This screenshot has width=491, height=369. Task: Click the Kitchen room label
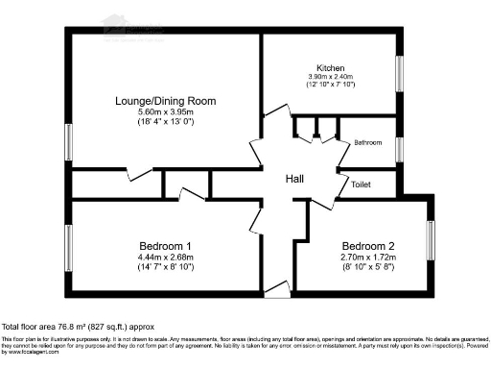point(332,68)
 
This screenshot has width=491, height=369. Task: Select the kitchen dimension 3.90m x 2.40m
point(332,77)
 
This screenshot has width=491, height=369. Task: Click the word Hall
point(294,180)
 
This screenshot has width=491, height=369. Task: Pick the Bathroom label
point(368,142)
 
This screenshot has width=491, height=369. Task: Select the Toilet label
point(362,184)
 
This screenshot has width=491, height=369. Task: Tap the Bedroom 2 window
point(431,247)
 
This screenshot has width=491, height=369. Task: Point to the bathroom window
point(400,148)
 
